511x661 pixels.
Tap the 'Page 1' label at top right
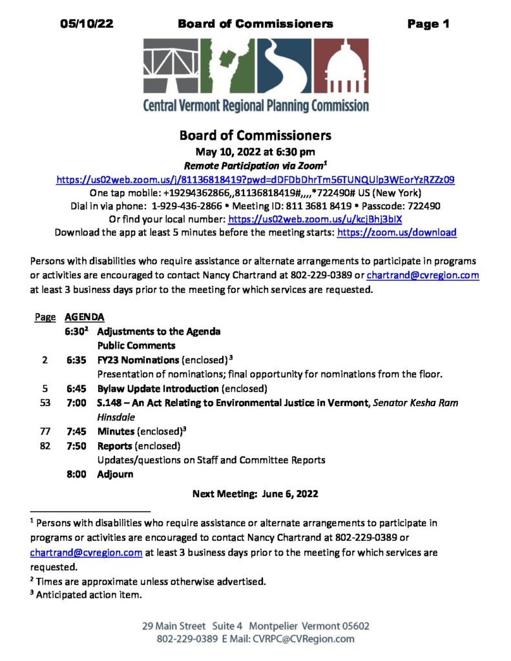(x=428, y=25)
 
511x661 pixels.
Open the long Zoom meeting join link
(x=255, y=180)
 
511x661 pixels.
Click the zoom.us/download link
(x=397, y=232)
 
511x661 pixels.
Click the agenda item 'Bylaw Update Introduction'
(x=158, y=389)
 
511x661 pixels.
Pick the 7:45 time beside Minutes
(x=76, y=431)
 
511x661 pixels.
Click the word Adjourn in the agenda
(x=115, y=474)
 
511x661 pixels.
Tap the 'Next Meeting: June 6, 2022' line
(x=255, y=494)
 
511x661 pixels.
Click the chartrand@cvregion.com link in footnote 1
(x=86, y=553)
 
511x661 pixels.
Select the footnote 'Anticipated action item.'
(x=89, y=595)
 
